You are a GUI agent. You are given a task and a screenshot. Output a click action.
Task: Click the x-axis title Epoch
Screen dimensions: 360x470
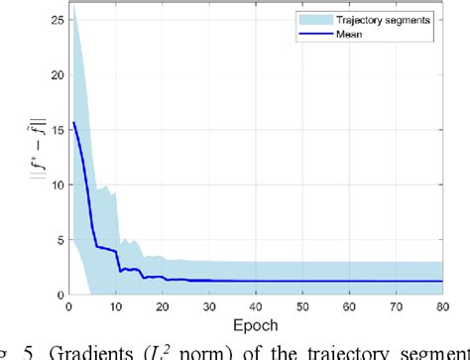tap(258, 323)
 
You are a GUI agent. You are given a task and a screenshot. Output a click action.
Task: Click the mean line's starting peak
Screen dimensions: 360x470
tap(72, 123)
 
